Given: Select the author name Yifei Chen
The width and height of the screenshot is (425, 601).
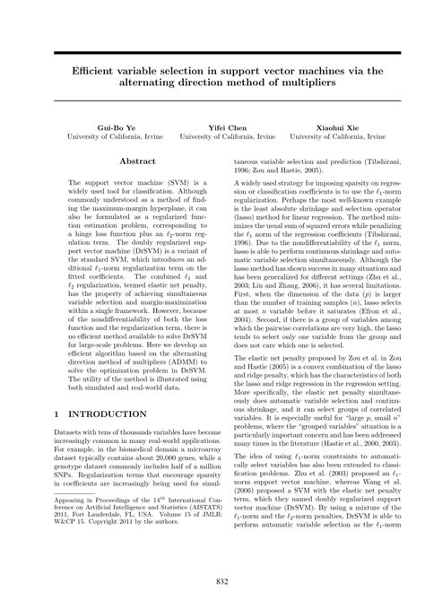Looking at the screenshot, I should (x=227, y=128).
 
